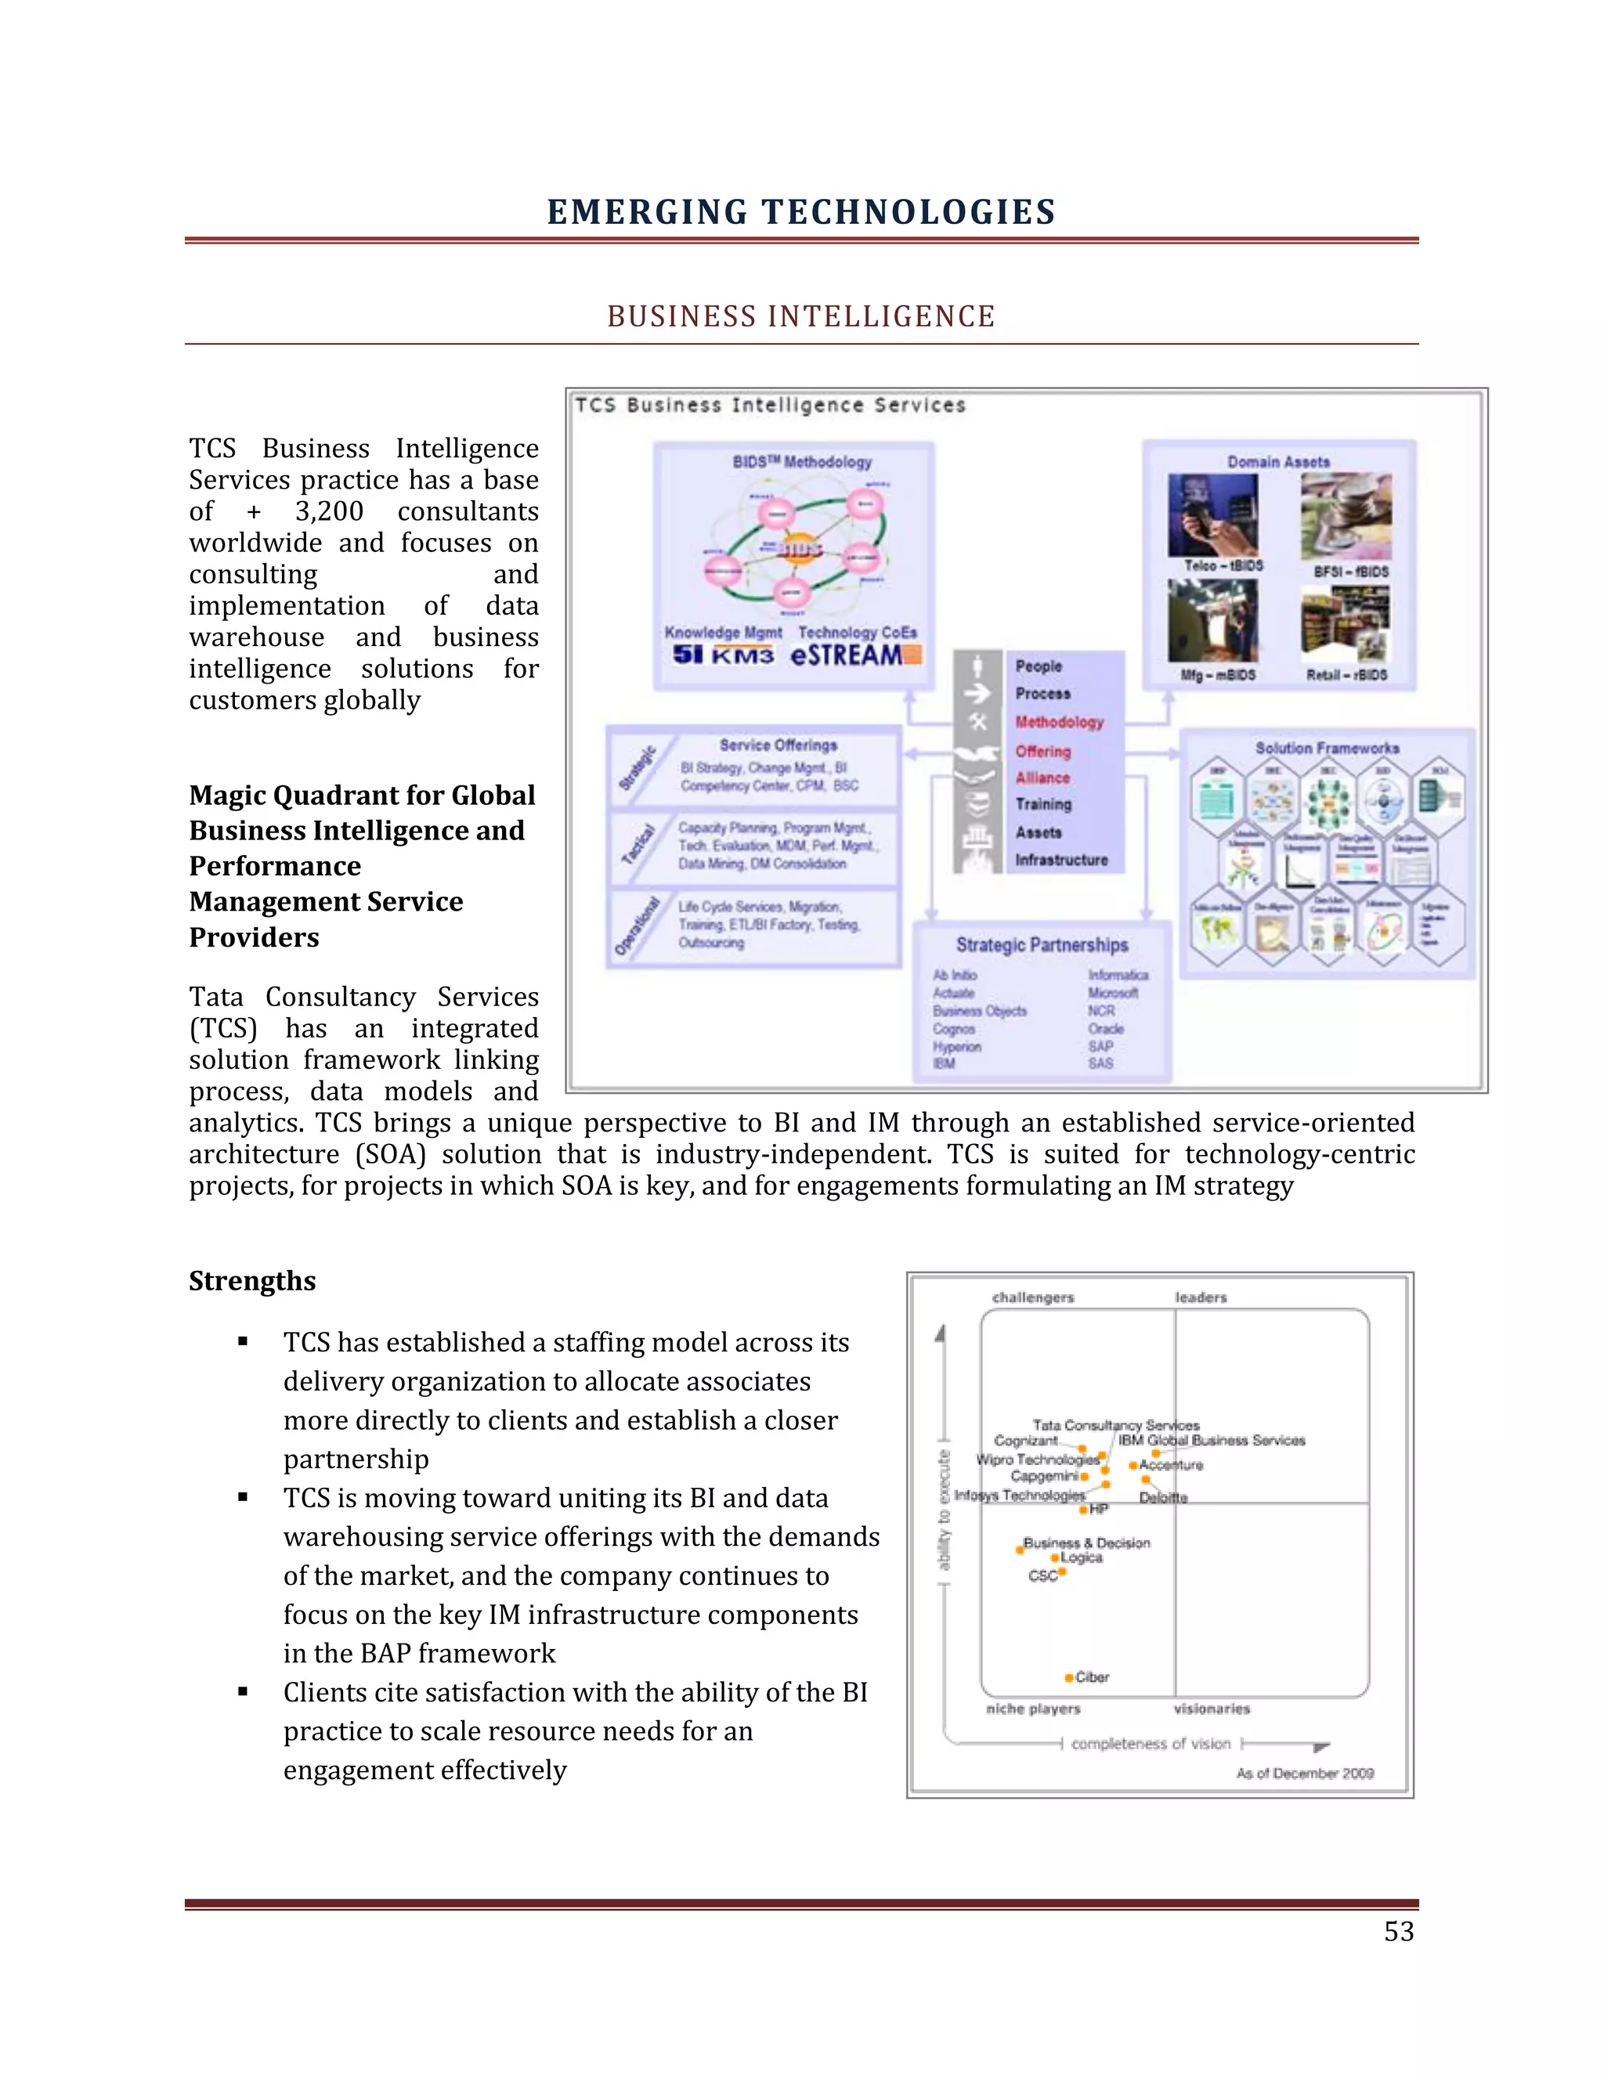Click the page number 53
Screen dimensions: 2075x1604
coord(1398,1932)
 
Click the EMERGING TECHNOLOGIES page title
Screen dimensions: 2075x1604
coord(801,212)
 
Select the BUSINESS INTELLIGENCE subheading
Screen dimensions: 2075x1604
coord(801,316)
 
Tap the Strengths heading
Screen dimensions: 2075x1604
coord(252,1281)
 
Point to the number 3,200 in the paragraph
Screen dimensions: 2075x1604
coord(329,511)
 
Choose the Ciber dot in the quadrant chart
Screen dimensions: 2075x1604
coord(1069,1678)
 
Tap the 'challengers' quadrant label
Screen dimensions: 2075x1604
coord(1033,1297)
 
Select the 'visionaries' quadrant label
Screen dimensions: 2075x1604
coord(1212,1709)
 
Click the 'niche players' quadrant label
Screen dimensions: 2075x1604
coord(1033,1709)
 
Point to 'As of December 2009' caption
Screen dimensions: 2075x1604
coord(1305,1773)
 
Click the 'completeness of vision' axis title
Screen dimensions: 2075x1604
coord(1150,1744)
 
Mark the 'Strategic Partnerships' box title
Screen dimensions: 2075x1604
coord(1042,944)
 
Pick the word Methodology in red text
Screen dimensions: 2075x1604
coord(1059,722)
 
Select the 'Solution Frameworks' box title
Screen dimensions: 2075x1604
coord(1327,748)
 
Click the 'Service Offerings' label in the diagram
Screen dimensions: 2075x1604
coord(779,745)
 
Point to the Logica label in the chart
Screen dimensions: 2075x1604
coord(1082,1557)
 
